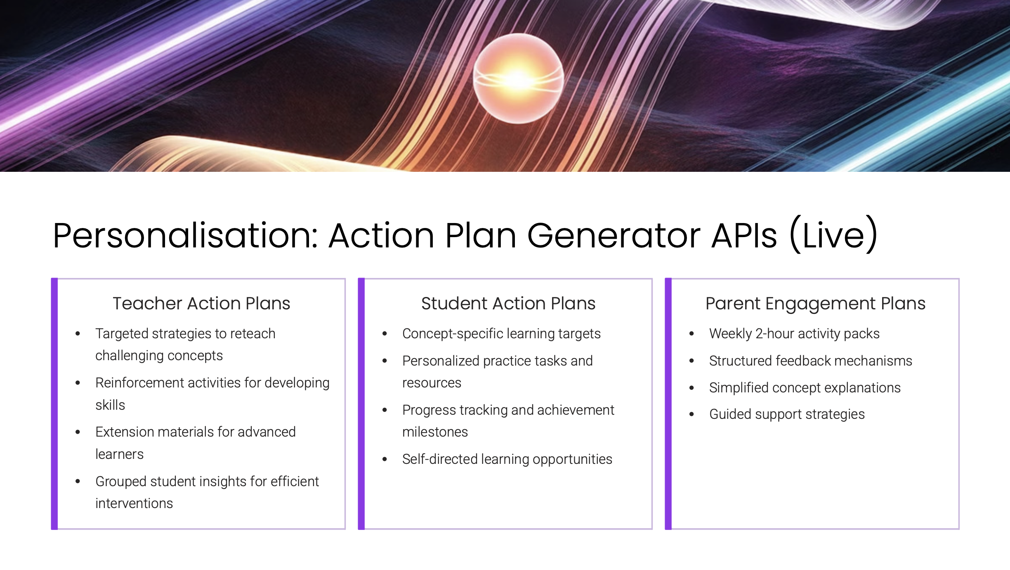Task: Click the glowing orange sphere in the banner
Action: click(x=518, y=78)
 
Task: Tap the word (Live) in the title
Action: click(x=834, y=235)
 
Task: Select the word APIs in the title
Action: click(x=744, y=235)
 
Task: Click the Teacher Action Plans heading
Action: click(x=201, y=303)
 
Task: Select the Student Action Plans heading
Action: click(x=508, y=303)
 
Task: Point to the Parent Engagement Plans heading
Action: click(x=815, y=304)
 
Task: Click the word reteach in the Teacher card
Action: click(x=253, y=333)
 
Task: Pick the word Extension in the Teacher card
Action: click(x=125, y=432)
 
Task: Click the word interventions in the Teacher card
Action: click(x=134, y=503)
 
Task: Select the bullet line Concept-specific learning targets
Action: click(x=501, y=334)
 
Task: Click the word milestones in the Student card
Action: click(x=435, y=432)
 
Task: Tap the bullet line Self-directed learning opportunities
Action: click(x=507, y=459)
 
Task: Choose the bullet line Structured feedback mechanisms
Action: click(x=811, y=361)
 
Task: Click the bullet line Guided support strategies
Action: click(x=787, y=414)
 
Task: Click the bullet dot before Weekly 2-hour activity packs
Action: click(x=691, y=333)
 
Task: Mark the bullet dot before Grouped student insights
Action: click(x=78, y=481)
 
